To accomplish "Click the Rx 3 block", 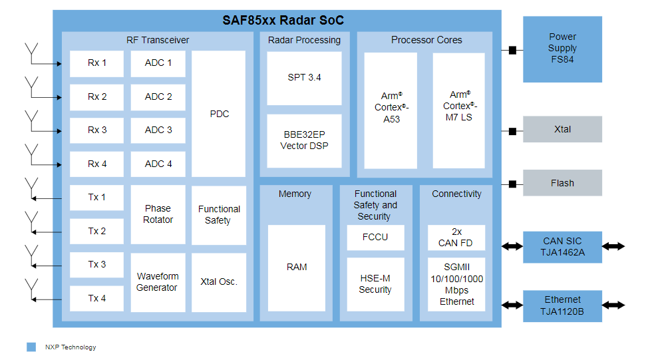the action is coord(96,130).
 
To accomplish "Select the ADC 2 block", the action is coord(158,97).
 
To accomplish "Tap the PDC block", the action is coord(218,114).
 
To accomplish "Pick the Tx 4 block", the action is coord(96,298).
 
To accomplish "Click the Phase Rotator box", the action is coord(158,214).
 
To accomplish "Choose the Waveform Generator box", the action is coord(158,282).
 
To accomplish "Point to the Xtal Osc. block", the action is coord(218,282).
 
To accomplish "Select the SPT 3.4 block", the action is coord(304,78).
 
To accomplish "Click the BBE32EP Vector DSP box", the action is coord(304,140).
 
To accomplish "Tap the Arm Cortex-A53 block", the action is coord(391,110).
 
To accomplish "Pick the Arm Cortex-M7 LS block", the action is coord(458,110).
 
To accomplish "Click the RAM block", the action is coord(297,268).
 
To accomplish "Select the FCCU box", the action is coord(375,238).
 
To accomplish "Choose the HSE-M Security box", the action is coord(375,285).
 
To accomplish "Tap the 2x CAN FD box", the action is coord(456,238).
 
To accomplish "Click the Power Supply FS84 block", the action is coord(562,49).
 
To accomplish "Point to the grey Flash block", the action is coord(562,183).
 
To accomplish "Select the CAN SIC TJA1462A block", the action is coord(562,247).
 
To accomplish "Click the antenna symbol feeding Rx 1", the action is coord(31,53).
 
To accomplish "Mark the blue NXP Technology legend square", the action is coord(31,347).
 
